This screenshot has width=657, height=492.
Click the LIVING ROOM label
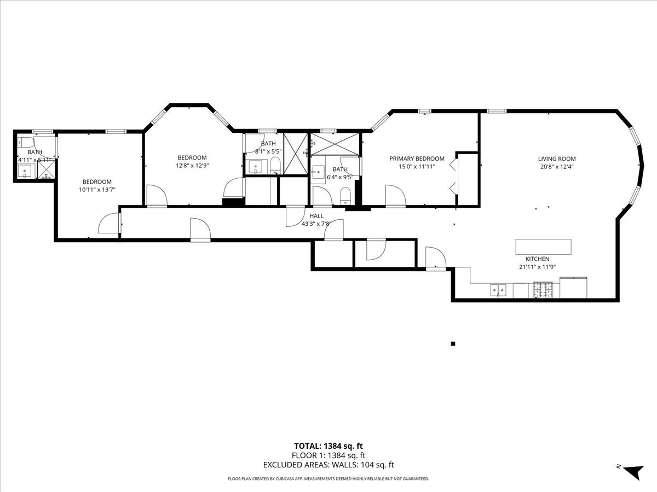(x=556, y=159)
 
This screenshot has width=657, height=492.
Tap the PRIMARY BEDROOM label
(x=417, y=159)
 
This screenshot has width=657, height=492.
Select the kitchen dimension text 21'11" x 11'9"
(x=538, y=267)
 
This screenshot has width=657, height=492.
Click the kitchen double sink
(x=498, y=290)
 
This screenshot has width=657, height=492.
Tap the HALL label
(x=316, y=216)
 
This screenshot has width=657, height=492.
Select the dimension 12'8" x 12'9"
(x=192, y=166)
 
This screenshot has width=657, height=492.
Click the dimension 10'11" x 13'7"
(x=97, y=190)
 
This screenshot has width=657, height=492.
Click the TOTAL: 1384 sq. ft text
(x=328, y=446)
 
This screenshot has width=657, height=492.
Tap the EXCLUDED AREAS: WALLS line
(x=328, y=465)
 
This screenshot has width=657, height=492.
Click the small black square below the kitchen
(x=453, y=344)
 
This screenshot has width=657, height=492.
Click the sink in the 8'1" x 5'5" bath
(x=256, y=166)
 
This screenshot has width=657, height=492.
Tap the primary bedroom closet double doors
(x=452, y=178)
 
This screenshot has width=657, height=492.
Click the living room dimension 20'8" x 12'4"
(x=556, y=167)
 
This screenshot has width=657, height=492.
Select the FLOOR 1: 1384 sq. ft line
(x=328, y=455)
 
